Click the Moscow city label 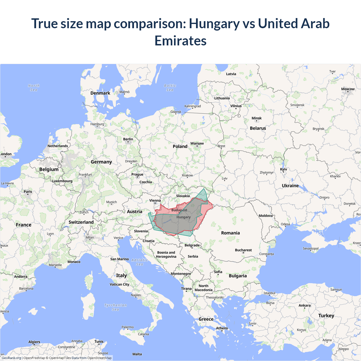point(348,89)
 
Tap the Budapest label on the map point(179,210)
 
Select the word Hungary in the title point(214,24)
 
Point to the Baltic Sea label point(170,88)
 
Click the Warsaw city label point(197,144)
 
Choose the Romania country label point(230,233)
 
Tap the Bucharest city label point(243,250)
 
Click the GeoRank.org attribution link point(11,358)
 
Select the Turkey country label point(326,316)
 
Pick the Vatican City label point(119,284)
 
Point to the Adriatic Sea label point(140,262)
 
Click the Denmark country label point(100,93)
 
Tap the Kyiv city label point(283,170)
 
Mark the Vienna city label point(155,201)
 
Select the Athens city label point(222,328)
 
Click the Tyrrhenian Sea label point(116,307)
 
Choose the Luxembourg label point(62,181)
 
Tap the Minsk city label point(256,118)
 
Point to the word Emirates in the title point(180,41)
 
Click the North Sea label point(34,88)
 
